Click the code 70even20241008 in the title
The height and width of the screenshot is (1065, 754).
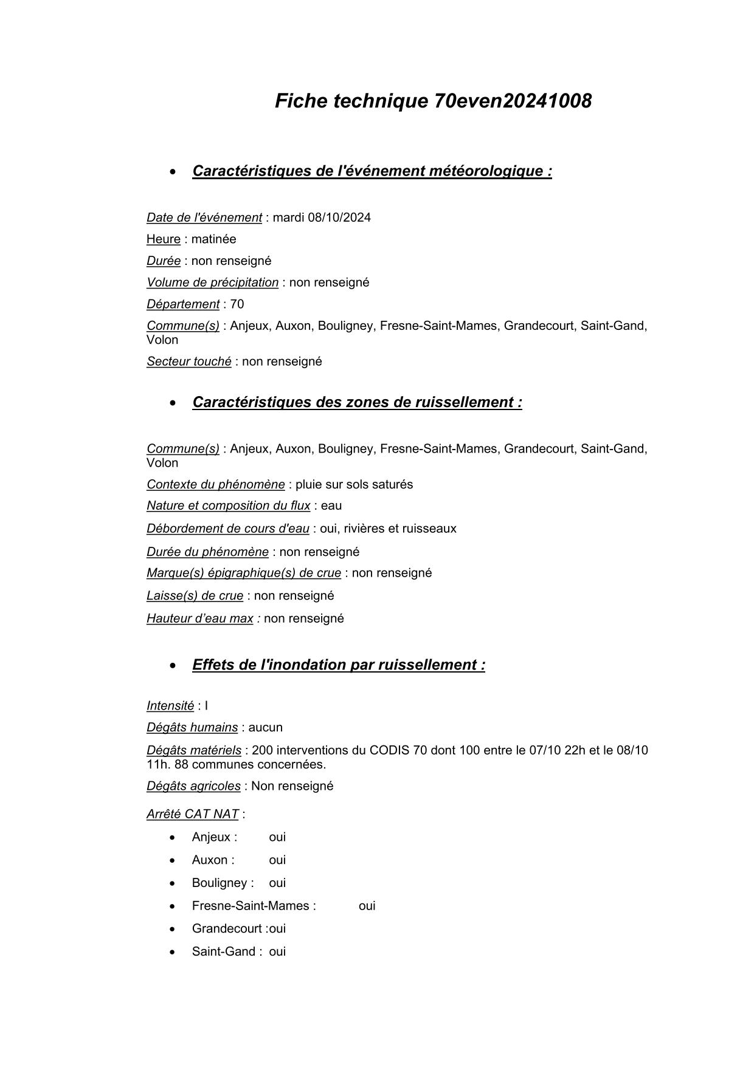point(513,101)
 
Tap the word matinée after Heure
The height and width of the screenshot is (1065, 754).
point(213,239)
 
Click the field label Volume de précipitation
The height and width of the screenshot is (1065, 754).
point(212,283)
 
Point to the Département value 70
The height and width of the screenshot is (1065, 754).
point(237,304)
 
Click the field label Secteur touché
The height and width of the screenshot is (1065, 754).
point(188,361)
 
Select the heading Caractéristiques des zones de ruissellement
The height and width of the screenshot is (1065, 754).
point(357,402)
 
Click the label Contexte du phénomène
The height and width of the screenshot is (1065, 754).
point(215,485)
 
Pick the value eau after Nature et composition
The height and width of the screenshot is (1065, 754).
point(331,506)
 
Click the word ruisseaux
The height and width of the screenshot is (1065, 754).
point(429,529)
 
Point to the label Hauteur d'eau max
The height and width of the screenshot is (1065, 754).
point(199,618)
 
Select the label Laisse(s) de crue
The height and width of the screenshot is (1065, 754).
point(195,596)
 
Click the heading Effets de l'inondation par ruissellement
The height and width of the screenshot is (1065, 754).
point(339,665)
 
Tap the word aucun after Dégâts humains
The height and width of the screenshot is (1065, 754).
point(266,728)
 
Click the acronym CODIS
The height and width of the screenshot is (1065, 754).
point(389,750)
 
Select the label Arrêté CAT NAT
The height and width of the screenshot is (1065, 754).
point(192,814)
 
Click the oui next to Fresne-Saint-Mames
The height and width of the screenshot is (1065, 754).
point(367,906)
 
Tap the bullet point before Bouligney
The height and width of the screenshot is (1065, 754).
point(173,883)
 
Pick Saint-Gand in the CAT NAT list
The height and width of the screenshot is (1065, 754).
point(223,952)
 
